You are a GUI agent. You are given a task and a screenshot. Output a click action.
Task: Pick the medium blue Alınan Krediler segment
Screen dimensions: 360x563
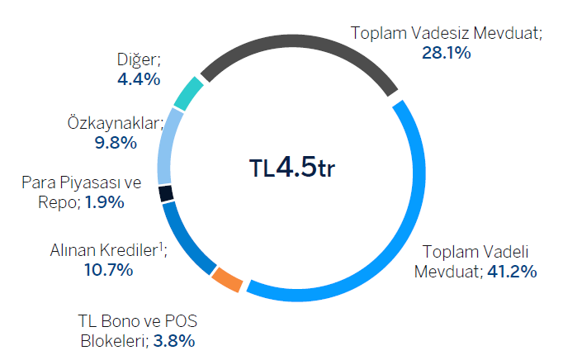coord(184,240)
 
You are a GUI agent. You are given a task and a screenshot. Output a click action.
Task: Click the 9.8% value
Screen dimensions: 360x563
coord(116,142)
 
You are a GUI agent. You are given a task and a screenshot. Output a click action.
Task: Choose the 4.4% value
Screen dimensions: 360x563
coord(140,79)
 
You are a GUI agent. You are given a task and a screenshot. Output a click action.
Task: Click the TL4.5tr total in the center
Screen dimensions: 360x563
coord(293,168)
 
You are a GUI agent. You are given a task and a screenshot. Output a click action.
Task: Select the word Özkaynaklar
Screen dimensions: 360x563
coord(113,122)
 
